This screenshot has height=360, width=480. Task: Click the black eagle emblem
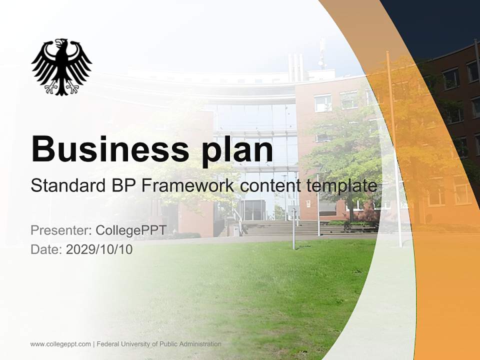pyautogui.click(x=61, y=66)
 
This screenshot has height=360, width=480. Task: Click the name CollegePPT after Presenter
pyautogui.click(x=130, y=230)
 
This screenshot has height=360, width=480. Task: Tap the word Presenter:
pyautogui.click(x=61, y=230)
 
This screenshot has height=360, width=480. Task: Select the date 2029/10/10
pyautogui.click(x=99, y=249)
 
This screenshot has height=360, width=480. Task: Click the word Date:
pyautogui.click(x=46, y=249)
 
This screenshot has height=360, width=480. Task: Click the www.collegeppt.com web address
pyautogui.click(x=60, y=344)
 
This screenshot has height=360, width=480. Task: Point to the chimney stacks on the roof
pyautogui.click(x=295, y=65)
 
